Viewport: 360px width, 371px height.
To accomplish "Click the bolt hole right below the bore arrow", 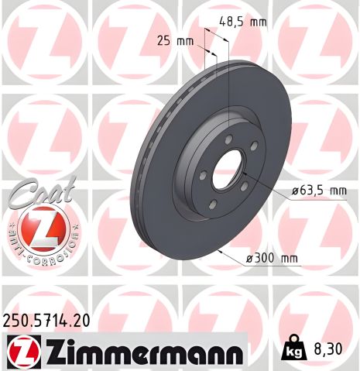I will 243,186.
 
